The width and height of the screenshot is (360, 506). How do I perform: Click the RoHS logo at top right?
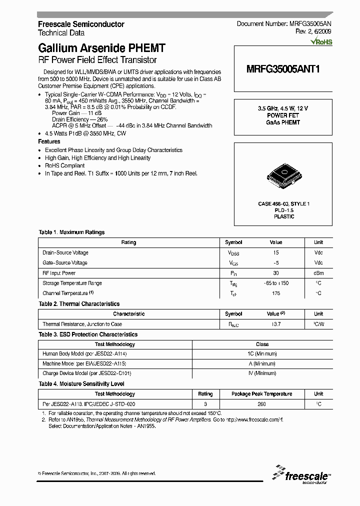[321, 42]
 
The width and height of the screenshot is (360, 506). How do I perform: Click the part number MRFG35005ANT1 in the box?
[283, 70]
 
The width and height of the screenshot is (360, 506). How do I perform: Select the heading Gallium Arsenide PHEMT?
[101, 48]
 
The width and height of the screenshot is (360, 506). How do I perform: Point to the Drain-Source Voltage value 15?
[276, 253]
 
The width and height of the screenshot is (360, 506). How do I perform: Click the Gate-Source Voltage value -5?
[276, 263]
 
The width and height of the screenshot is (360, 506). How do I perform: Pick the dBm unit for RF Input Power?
[318, 273]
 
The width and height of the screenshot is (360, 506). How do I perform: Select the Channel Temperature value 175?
[276, 293]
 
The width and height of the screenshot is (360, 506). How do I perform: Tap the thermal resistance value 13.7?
[276, 324]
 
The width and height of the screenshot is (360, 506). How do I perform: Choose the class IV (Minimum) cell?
[262, 373]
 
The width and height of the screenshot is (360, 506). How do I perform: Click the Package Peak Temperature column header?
[262, 394]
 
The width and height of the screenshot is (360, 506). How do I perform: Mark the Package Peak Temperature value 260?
[262, 404]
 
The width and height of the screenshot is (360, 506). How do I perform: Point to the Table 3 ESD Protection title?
[88, 334]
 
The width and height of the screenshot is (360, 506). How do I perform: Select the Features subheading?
[49, 142]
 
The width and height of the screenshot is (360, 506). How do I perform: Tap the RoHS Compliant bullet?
[64, 165]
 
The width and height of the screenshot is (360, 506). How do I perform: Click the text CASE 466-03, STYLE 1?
[284, 204]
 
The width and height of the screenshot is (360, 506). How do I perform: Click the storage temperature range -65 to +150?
[276, 283]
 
